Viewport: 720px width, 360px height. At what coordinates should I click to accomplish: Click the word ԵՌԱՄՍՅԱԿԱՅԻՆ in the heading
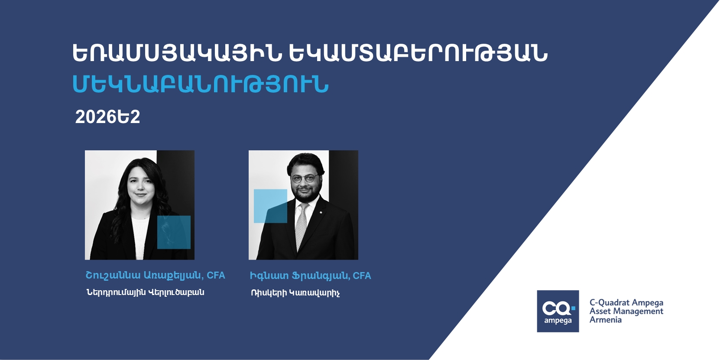pos(177,53)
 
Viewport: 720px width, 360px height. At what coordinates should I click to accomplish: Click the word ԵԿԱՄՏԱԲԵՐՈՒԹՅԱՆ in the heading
pos(418,53)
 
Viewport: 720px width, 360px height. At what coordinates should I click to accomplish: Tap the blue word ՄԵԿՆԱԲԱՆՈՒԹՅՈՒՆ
pos(201,84)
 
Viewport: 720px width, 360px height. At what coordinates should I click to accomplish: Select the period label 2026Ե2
pos(108,117)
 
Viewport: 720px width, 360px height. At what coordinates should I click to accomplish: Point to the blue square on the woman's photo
pos(174,232)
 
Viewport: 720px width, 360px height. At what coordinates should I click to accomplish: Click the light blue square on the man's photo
pos(271,206)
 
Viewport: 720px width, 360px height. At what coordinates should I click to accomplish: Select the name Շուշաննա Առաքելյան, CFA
pos(155,276)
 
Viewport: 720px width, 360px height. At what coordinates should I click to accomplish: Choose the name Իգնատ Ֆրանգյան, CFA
pos(311,276)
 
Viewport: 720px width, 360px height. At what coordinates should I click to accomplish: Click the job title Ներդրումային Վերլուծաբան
pos(145,292)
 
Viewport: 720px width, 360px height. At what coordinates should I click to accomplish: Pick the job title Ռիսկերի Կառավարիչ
pos(295,293)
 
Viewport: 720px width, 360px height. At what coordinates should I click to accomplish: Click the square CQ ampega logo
pos(558,311)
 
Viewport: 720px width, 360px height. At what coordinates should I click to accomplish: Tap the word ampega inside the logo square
pos(558,321)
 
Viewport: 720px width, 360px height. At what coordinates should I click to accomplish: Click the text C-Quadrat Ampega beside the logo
pos(626,303)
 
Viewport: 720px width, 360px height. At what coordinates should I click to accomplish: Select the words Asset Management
pos(626,311)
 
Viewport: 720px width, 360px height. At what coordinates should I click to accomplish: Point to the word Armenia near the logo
pos(606,320)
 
